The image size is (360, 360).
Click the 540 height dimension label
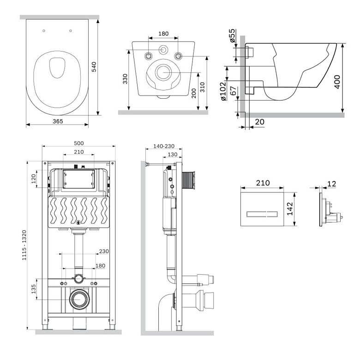[94, 67]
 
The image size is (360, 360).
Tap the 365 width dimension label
[58, 121]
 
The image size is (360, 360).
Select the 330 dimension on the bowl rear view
[125, 79]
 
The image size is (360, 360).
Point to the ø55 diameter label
[232, 36]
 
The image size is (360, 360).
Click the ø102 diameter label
[223, 91]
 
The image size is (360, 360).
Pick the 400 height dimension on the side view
[337, 82]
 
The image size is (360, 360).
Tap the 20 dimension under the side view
[260, 122]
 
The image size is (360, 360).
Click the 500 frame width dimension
[79, 143]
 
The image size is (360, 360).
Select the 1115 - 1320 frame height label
[24, 245]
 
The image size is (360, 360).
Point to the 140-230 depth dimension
[164, 146]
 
